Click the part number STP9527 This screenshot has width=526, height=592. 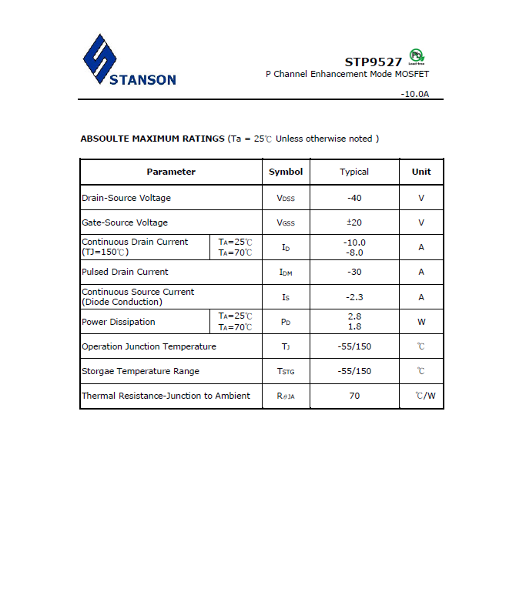point(373,62)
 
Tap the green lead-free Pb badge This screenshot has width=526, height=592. point(417,56)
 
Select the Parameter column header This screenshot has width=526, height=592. point(171,172)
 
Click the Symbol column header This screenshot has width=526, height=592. point(286,172)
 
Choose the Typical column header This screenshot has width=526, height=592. point(354,172)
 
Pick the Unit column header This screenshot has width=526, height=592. point(421,172)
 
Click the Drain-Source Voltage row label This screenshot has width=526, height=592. point(126,198)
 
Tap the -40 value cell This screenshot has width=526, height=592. point(354,198)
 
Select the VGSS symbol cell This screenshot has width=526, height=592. point(286,223)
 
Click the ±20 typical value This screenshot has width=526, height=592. point(354,222)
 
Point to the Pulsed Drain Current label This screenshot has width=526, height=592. point(125,272)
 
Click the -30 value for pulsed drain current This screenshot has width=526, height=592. point(354,272)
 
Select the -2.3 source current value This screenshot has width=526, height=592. point(354,297)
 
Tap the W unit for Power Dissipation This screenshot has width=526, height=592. point(421,322)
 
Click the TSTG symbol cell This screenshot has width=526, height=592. point(286,372)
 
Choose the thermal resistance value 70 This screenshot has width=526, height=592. point(354,396)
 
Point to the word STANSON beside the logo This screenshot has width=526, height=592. point(143,79)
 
